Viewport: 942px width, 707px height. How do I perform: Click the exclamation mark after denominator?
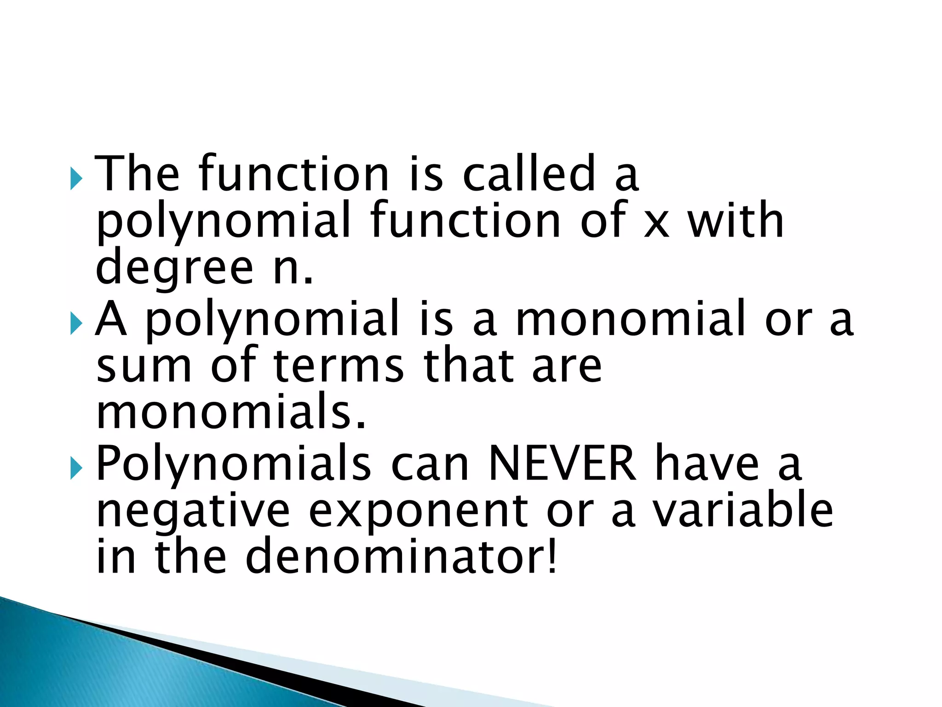[x=552, y=557]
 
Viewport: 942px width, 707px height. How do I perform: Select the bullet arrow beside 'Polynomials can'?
[x=76, y=469]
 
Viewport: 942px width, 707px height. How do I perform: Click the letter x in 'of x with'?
[x=656, y=223]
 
